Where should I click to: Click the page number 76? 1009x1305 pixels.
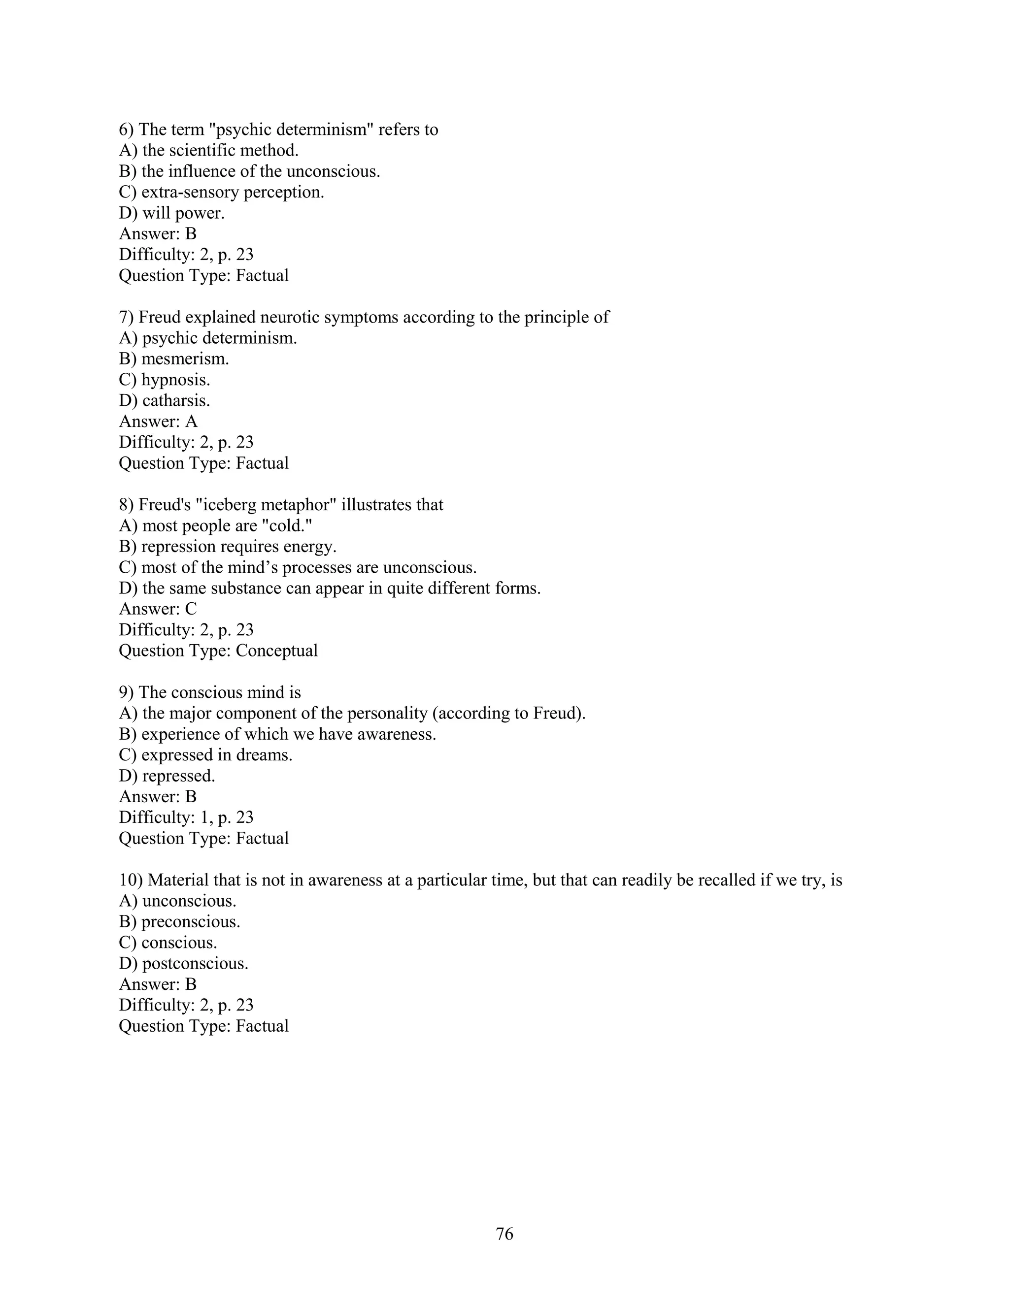coord(504,1234)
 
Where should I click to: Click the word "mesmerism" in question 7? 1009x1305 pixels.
coord(185,359)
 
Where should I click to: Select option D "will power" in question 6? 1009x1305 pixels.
coord(183,213)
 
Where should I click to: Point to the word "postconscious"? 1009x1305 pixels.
coord(194,964)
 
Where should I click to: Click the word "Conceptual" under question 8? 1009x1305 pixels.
coord(276,651)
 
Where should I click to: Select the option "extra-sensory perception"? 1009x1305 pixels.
coord(233,193)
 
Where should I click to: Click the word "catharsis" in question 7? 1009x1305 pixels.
coord(176,401)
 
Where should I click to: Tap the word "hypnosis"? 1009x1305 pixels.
coord(175,380)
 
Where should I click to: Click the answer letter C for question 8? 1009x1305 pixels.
coord(191,609)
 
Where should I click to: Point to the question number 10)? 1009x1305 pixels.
coord(130,880)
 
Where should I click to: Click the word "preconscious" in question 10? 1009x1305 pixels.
coord(190,922)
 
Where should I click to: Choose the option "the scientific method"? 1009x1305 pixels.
coord(220,151)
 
